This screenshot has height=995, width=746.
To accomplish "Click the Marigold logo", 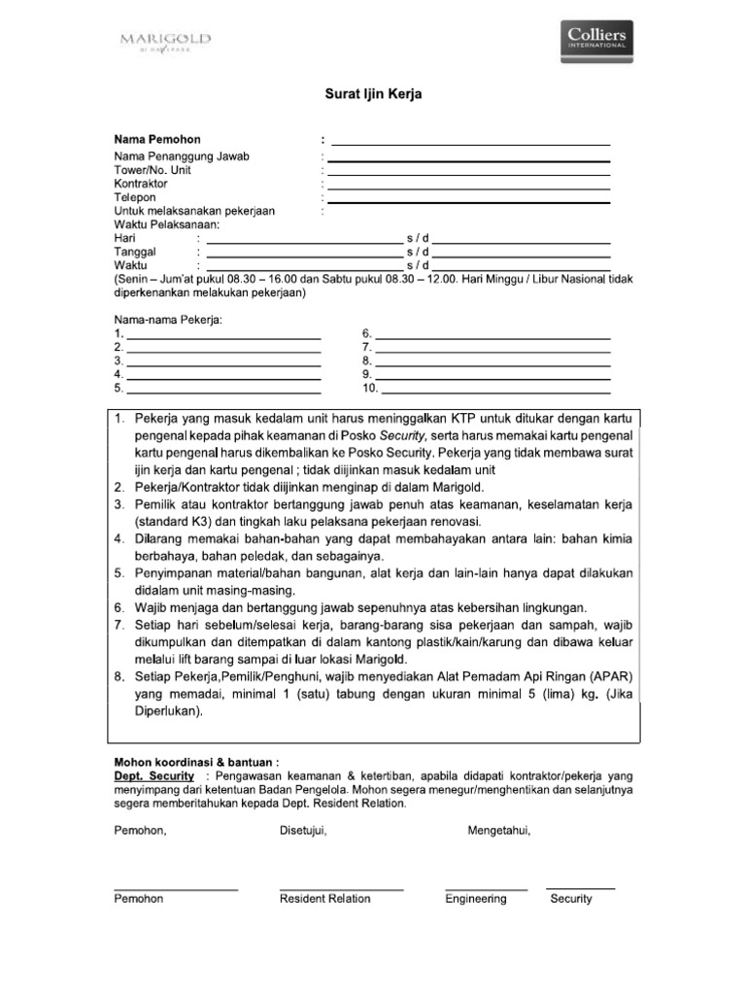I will pos(165,41).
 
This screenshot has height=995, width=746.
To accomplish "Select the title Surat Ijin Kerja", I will pos(373,94).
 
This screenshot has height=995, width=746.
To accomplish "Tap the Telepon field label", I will pos(135,197).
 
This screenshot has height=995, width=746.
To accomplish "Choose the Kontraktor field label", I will pos(141,184).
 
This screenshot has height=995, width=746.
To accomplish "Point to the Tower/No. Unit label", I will pos(153,170).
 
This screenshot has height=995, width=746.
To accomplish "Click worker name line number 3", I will pos(223,360).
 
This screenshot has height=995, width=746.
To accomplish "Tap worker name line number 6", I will pos(492,332).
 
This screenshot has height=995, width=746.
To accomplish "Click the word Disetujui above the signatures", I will pos(303,830).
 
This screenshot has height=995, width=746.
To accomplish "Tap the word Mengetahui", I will pos(499,830).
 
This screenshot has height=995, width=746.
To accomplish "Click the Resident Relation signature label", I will pos(325,899).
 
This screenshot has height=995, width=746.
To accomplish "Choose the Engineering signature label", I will pos(476,899).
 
